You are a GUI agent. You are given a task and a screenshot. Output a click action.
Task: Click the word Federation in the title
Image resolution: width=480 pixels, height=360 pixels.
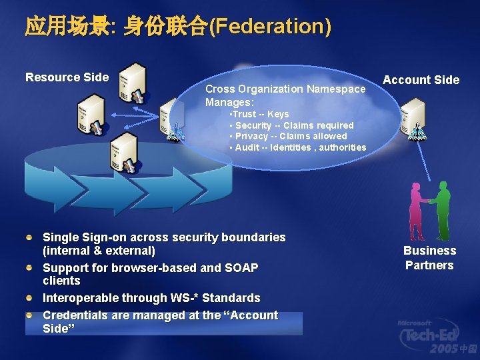pos(269,27)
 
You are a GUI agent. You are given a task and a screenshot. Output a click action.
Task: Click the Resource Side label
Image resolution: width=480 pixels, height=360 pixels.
pos(67,77)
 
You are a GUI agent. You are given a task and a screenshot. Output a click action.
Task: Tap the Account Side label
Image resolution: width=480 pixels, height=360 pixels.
pos(421,80)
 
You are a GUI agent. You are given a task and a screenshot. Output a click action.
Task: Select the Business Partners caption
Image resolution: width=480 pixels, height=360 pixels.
pos(429,258)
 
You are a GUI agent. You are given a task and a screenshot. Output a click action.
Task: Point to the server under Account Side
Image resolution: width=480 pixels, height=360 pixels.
pos(413,117)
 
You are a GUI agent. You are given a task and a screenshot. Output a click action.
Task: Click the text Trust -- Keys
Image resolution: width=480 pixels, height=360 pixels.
pos(260,115)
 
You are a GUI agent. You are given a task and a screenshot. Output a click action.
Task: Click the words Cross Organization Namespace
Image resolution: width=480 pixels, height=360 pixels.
pos(285,89)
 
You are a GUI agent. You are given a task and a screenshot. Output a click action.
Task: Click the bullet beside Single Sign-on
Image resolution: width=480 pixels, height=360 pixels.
pos(29,237)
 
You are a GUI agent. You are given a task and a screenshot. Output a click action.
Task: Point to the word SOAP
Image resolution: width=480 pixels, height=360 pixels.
pos(241,268)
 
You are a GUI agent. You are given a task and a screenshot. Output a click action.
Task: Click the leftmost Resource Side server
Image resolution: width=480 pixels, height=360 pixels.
pos(91,113)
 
